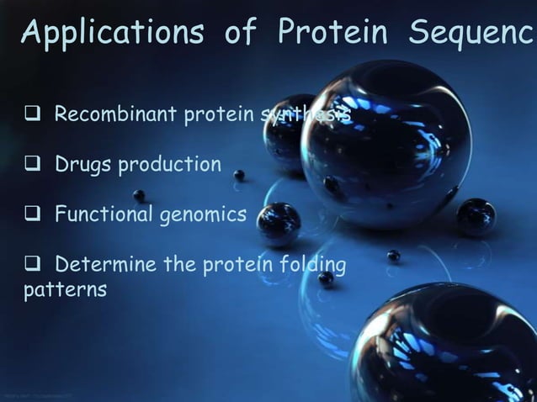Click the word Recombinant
[x=117, y=114]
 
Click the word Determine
[x=107, y=266]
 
